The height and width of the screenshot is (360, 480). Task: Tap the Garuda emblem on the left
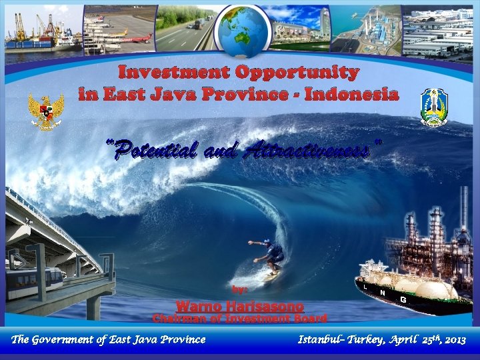point(46,111)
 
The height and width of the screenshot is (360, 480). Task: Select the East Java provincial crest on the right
point(434,107)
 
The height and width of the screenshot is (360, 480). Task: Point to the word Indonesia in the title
point(351,94)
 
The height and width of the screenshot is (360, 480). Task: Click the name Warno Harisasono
point(240,306)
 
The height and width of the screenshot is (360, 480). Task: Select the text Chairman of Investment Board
point(240,319)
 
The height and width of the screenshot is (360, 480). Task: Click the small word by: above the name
point(239,289)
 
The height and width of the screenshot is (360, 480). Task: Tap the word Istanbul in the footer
point(324,340)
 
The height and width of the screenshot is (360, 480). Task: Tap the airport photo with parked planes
point(120,30)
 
